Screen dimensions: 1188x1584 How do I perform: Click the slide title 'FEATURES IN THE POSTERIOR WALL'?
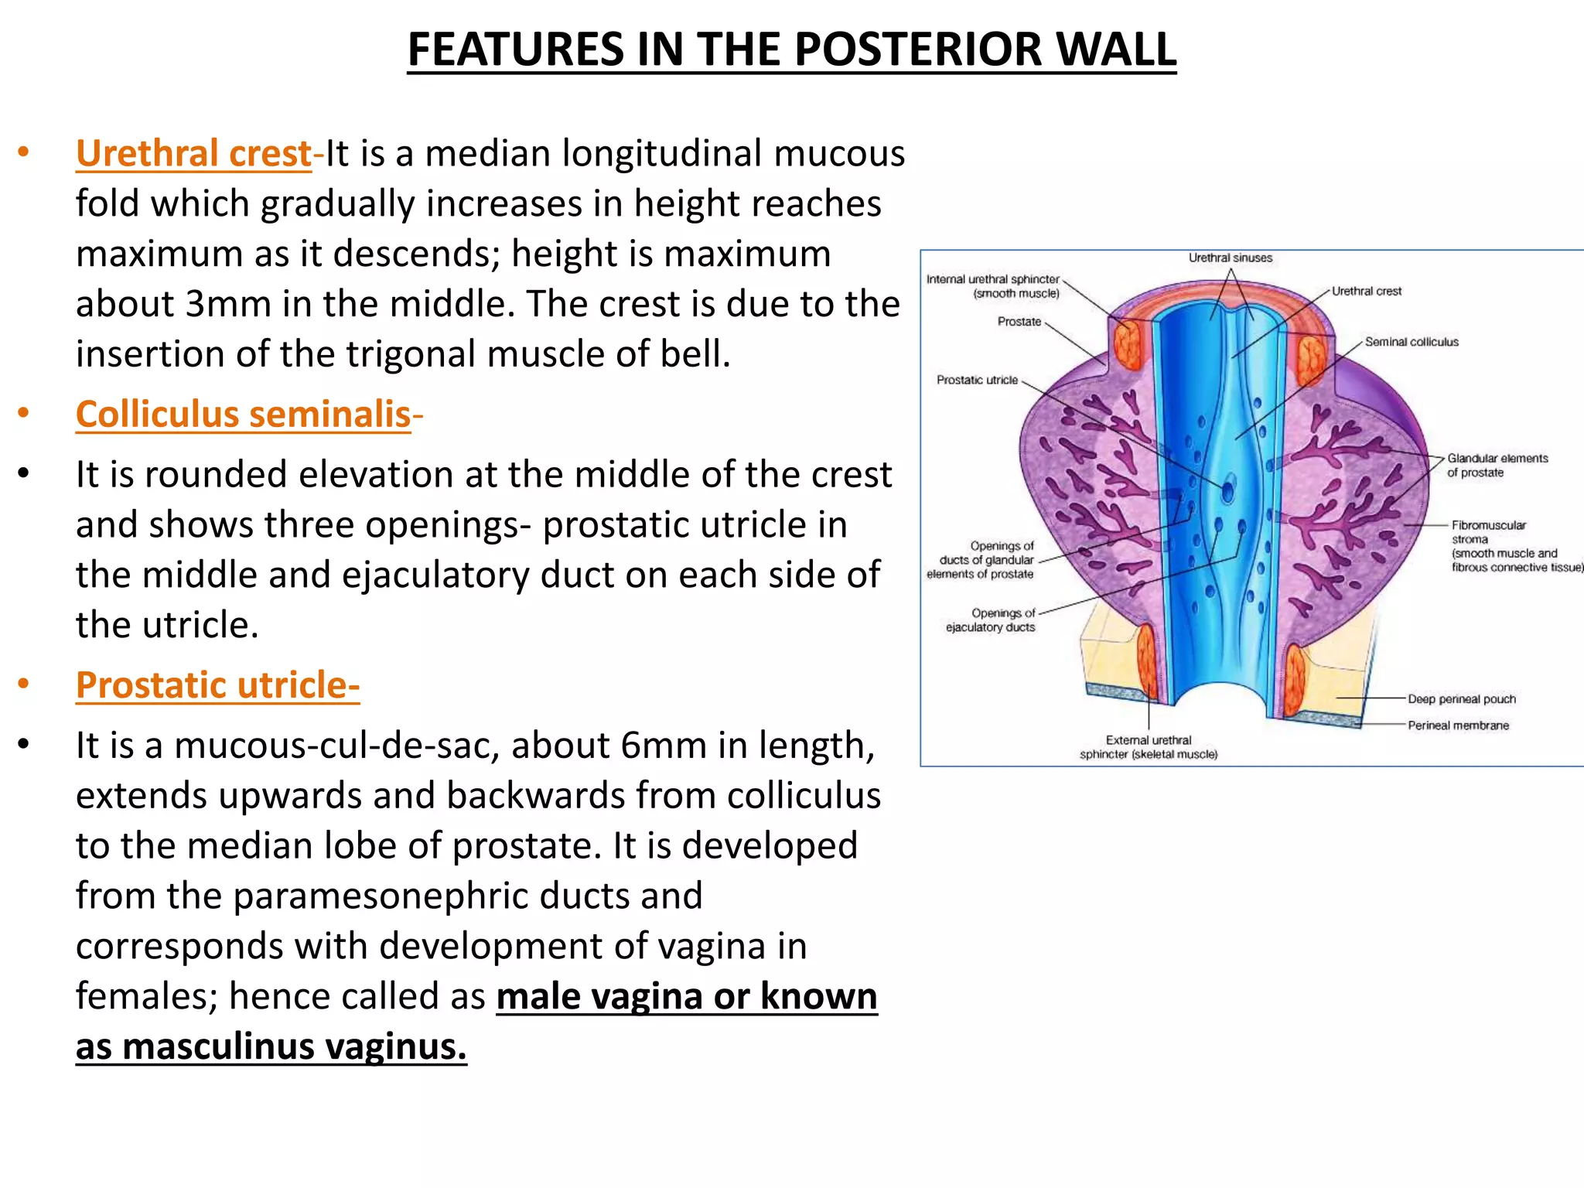(791, 49)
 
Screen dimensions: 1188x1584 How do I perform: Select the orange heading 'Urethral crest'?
(193, 153)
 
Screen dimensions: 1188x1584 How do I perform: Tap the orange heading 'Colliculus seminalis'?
(243, 415)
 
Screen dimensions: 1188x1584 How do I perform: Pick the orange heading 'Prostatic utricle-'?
(217, 685)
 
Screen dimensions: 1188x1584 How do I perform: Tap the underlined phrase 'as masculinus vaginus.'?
(271, 1047)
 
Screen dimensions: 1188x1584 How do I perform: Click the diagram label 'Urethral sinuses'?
(1230, 258)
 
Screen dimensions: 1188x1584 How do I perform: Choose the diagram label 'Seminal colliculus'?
(1412, 342)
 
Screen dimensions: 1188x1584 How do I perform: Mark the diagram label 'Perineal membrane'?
(1458, 725)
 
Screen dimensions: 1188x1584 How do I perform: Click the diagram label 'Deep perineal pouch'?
(1461, 699)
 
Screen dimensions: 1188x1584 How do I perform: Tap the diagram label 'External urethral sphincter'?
(1149, 747)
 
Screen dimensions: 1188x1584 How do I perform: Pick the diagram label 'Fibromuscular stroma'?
(1489, 532)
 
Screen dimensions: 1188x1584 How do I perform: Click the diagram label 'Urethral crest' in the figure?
(1366, 292)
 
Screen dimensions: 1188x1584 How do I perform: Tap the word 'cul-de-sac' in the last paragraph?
(387, 746)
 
